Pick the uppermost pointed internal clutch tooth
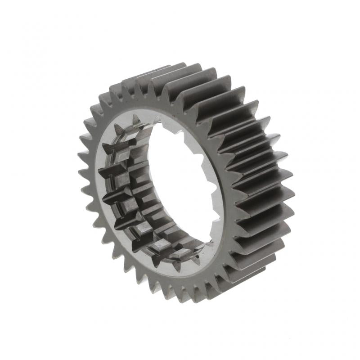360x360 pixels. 135,118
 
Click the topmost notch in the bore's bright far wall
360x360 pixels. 179,131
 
